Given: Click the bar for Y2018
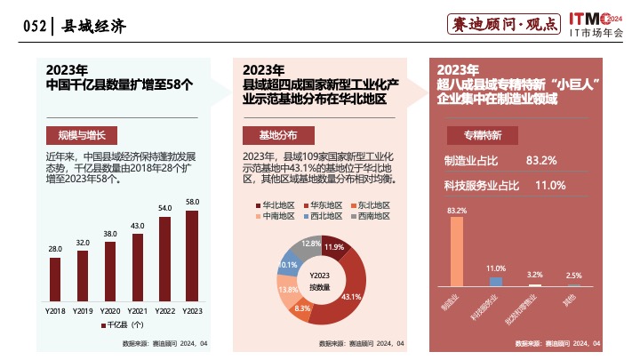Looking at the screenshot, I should pyautogui.click(x=55, y=279).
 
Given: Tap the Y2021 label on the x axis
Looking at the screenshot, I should pyautogui.click(x=138, y=310).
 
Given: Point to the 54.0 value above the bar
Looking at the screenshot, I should pyautogui.click(x=164, y=208).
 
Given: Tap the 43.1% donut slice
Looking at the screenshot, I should pyautogui.click(x=349, y=284).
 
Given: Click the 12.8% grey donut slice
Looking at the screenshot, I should pyautogui.click(x=311, y=244).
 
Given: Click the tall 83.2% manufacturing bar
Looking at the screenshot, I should pyautogui.click(x=457, y=252).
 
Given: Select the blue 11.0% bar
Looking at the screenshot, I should pyautogui.click(x=496, y=281).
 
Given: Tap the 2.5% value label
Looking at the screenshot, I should pyautogui.click(x=573, y=275).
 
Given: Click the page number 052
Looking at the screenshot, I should pyautogui.click(x=33, y=26).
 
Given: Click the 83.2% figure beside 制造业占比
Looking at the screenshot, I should pyautogui.click(x=541, y=160).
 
